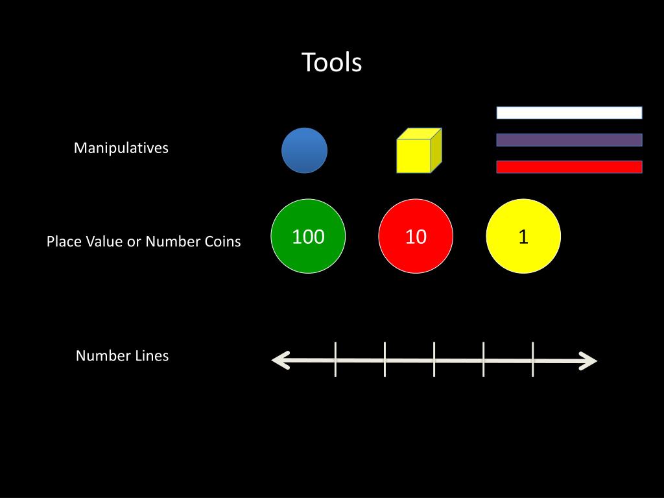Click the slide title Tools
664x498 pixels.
point(331,63)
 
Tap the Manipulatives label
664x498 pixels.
point(121,148)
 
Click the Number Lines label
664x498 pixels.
point(122,356)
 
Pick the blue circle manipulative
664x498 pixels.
point(304,150)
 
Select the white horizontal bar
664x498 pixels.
point(569,113)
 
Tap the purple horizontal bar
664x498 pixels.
point(569,140)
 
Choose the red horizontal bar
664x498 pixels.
point(569,167)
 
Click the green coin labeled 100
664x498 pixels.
point(308,236)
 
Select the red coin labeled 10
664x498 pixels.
point(416,236)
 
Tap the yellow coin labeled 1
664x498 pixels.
point(523,236)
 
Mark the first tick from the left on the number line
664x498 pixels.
point(335,359)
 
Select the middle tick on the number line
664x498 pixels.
point(434,359)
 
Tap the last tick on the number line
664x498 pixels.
point(533,359)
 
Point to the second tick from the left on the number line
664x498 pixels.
point(385,359)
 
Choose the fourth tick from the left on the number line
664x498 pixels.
point(484,359)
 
